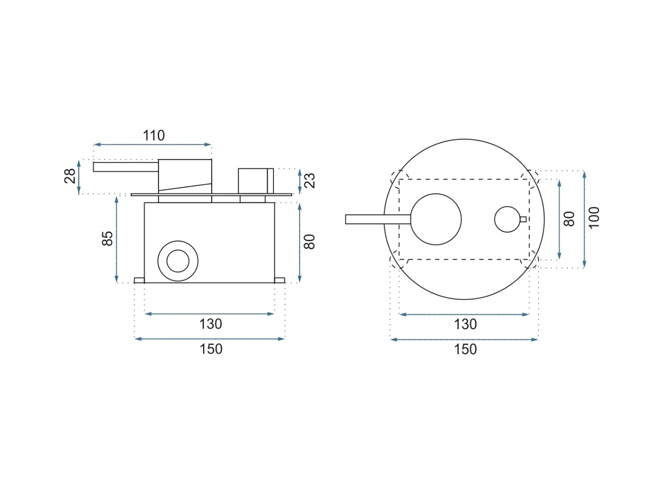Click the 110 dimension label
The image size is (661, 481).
[154, 135]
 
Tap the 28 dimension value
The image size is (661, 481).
[70, 176]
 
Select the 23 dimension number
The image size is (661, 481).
[310, 180]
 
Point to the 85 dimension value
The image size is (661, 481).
[107, 239]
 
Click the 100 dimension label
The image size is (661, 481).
[594, 218]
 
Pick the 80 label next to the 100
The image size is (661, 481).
[569, 219]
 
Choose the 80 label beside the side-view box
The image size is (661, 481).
[309, 242]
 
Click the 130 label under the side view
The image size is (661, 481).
[210, 324]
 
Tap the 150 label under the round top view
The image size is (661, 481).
[465, 349]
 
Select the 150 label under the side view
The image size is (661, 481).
[211, 349]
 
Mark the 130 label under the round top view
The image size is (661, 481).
[465, 324]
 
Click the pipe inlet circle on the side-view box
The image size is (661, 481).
[178, 261]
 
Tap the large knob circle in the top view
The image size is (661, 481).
[436, 219]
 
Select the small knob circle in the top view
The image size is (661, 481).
[507, 219]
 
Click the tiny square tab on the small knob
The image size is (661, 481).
[523, 219]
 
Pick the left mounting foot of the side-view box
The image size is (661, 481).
[139, 280]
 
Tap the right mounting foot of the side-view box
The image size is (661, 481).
[280, 280]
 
